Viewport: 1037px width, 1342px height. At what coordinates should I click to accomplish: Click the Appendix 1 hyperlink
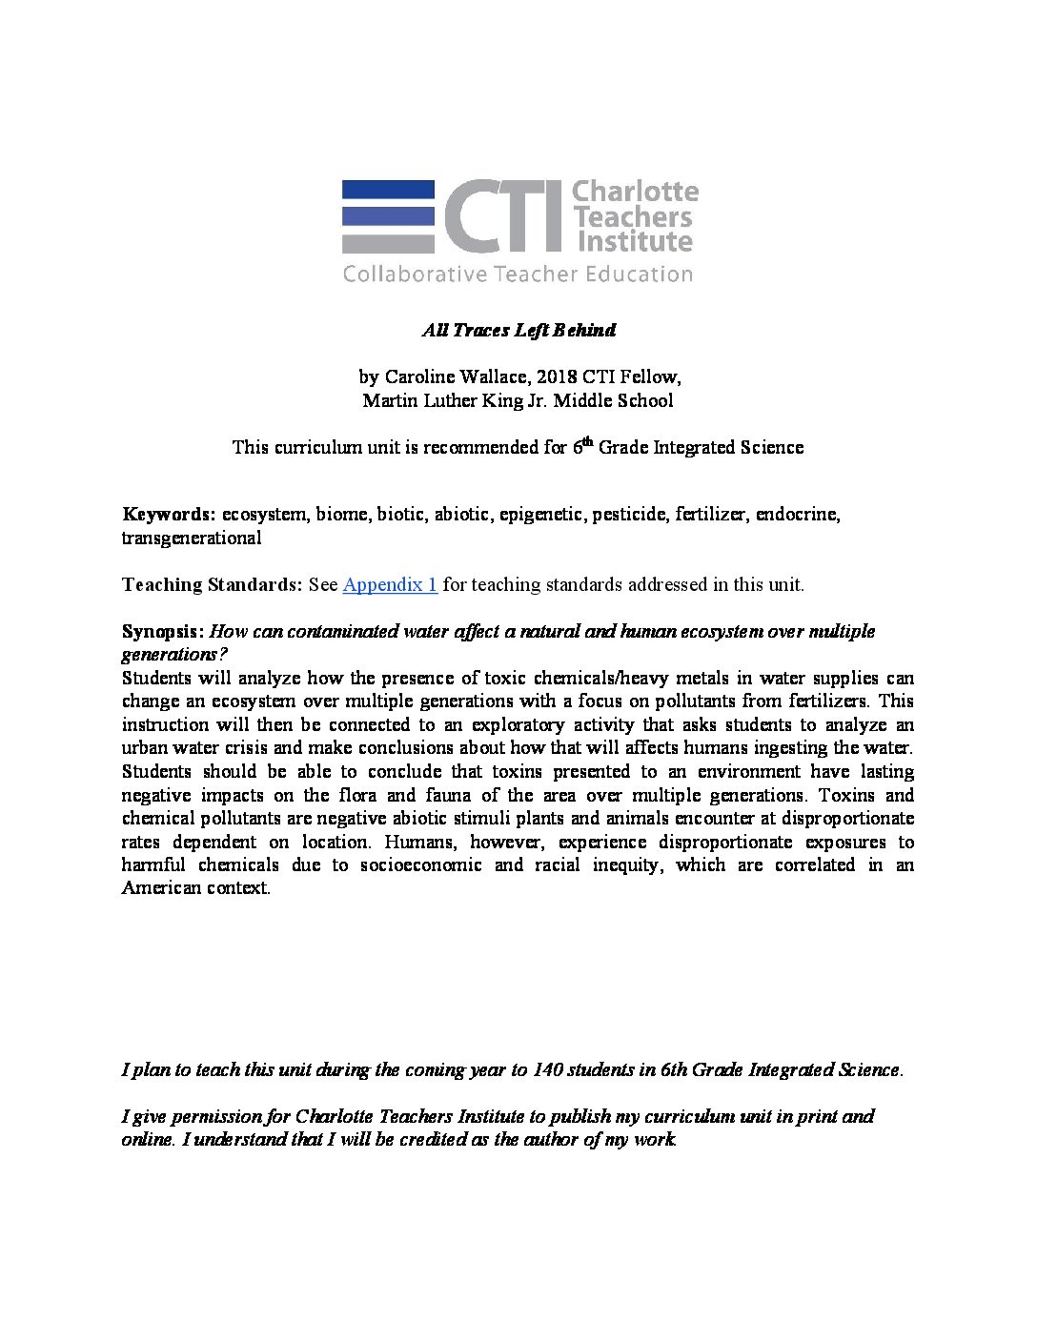point(390,584)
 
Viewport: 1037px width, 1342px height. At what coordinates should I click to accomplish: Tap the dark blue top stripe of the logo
point(388,190)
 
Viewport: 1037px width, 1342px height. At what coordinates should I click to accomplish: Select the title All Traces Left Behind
point(518,330)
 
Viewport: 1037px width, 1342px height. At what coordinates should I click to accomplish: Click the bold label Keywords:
point(169,515)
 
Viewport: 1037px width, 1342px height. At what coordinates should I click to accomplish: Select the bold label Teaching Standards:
point(212,584)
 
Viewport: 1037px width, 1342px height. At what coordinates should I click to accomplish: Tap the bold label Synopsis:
point(163,631)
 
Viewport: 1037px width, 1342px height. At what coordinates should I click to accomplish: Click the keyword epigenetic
point(540,515)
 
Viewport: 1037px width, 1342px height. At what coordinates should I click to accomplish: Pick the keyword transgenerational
point(191,538)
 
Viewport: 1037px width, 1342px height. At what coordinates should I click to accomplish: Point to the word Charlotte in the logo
point(635,192)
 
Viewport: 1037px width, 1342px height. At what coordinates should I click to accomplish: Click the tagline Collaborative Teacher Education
point(518,274)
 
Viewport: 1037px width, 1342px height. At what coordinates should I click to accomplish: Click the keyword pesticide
point(629,515)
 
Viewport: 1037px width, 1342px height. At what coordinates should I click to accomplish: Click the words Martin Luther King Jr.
point(453,400)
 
